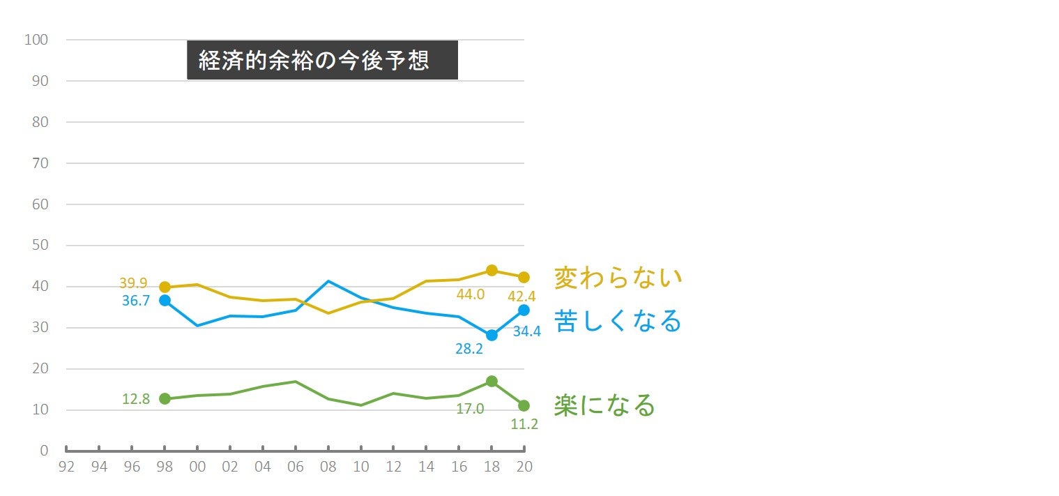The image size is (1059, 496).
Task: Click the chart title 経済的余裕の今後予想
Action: (321, 60)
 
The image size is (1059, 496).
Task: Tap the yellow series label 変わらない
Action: (618, 278)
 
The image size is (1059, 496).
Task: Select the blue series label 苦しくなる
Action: (618, 321)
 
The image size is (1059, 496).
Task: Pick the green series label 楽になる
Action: (604, 405)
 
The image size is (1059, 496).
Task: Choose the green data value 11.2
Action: (524, 423)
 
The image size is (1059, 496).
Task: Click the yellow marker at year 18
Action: (492, 270)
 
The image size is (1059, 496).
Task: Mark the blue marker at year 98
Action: (165, 300)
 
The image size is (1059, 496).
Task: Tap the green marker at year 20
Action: (524, 405)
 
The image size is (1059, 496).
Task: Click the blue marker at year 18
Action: (492, 335)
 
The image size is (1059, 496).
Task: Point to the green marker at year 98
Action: (165, 398)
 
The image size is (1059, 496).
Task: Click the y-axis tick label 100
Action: (36, 40)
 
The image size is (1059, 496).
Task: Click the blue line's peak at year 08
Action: (328, 281)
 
